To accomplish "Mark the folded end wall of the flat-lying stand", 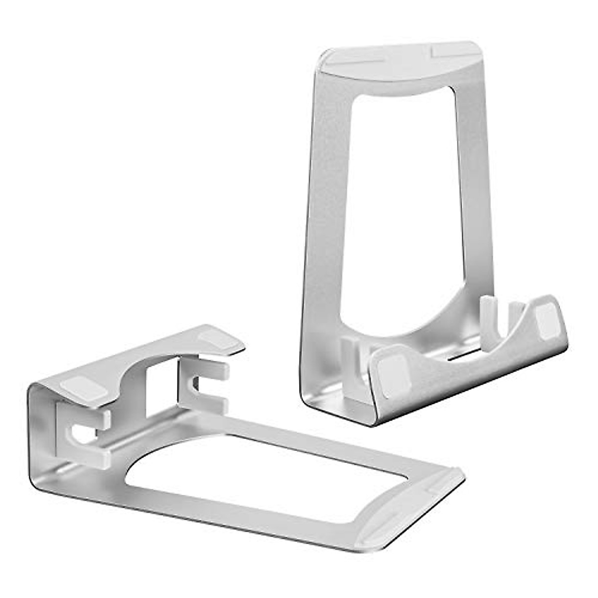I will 42,439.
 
